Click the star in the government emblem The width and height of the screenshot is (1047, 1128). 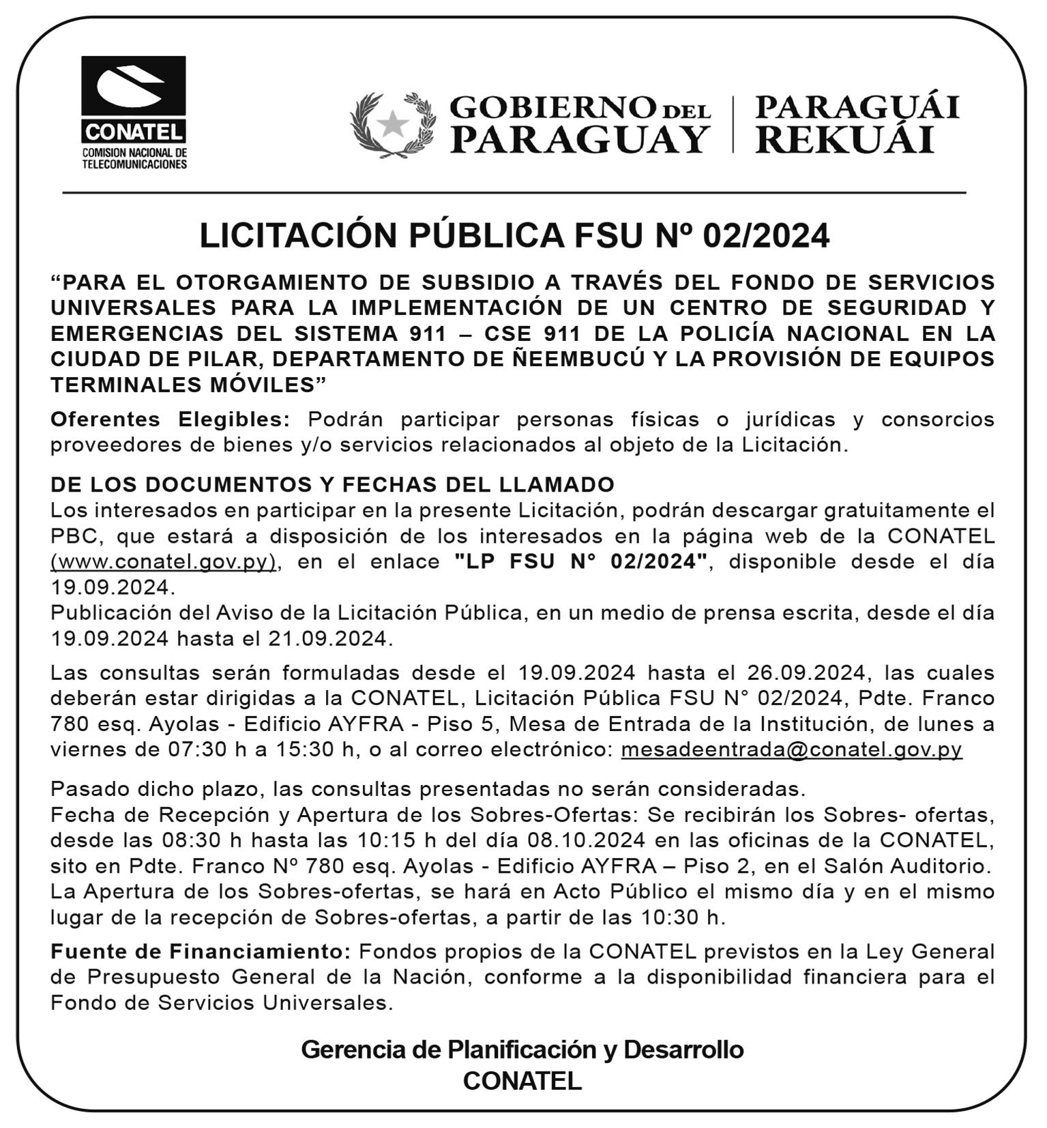392,124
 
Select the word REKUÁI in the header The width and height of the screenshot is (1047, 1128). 844,140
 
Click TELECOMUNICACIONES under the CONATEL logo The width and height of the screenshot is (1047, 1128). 134,164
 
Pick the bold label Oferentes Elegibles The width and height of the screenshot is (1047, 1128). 171,419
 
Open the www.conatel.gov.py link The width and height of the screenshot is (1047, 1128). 164,561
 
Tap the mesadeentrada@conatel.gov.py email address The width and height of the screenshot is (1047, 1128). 791,749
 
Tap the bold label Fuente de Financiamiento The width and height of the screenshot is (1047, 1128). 201,951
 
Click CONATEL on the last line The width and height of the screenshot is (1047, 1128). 522,1081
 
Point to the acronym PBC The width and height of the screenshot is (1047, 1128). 75,536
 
